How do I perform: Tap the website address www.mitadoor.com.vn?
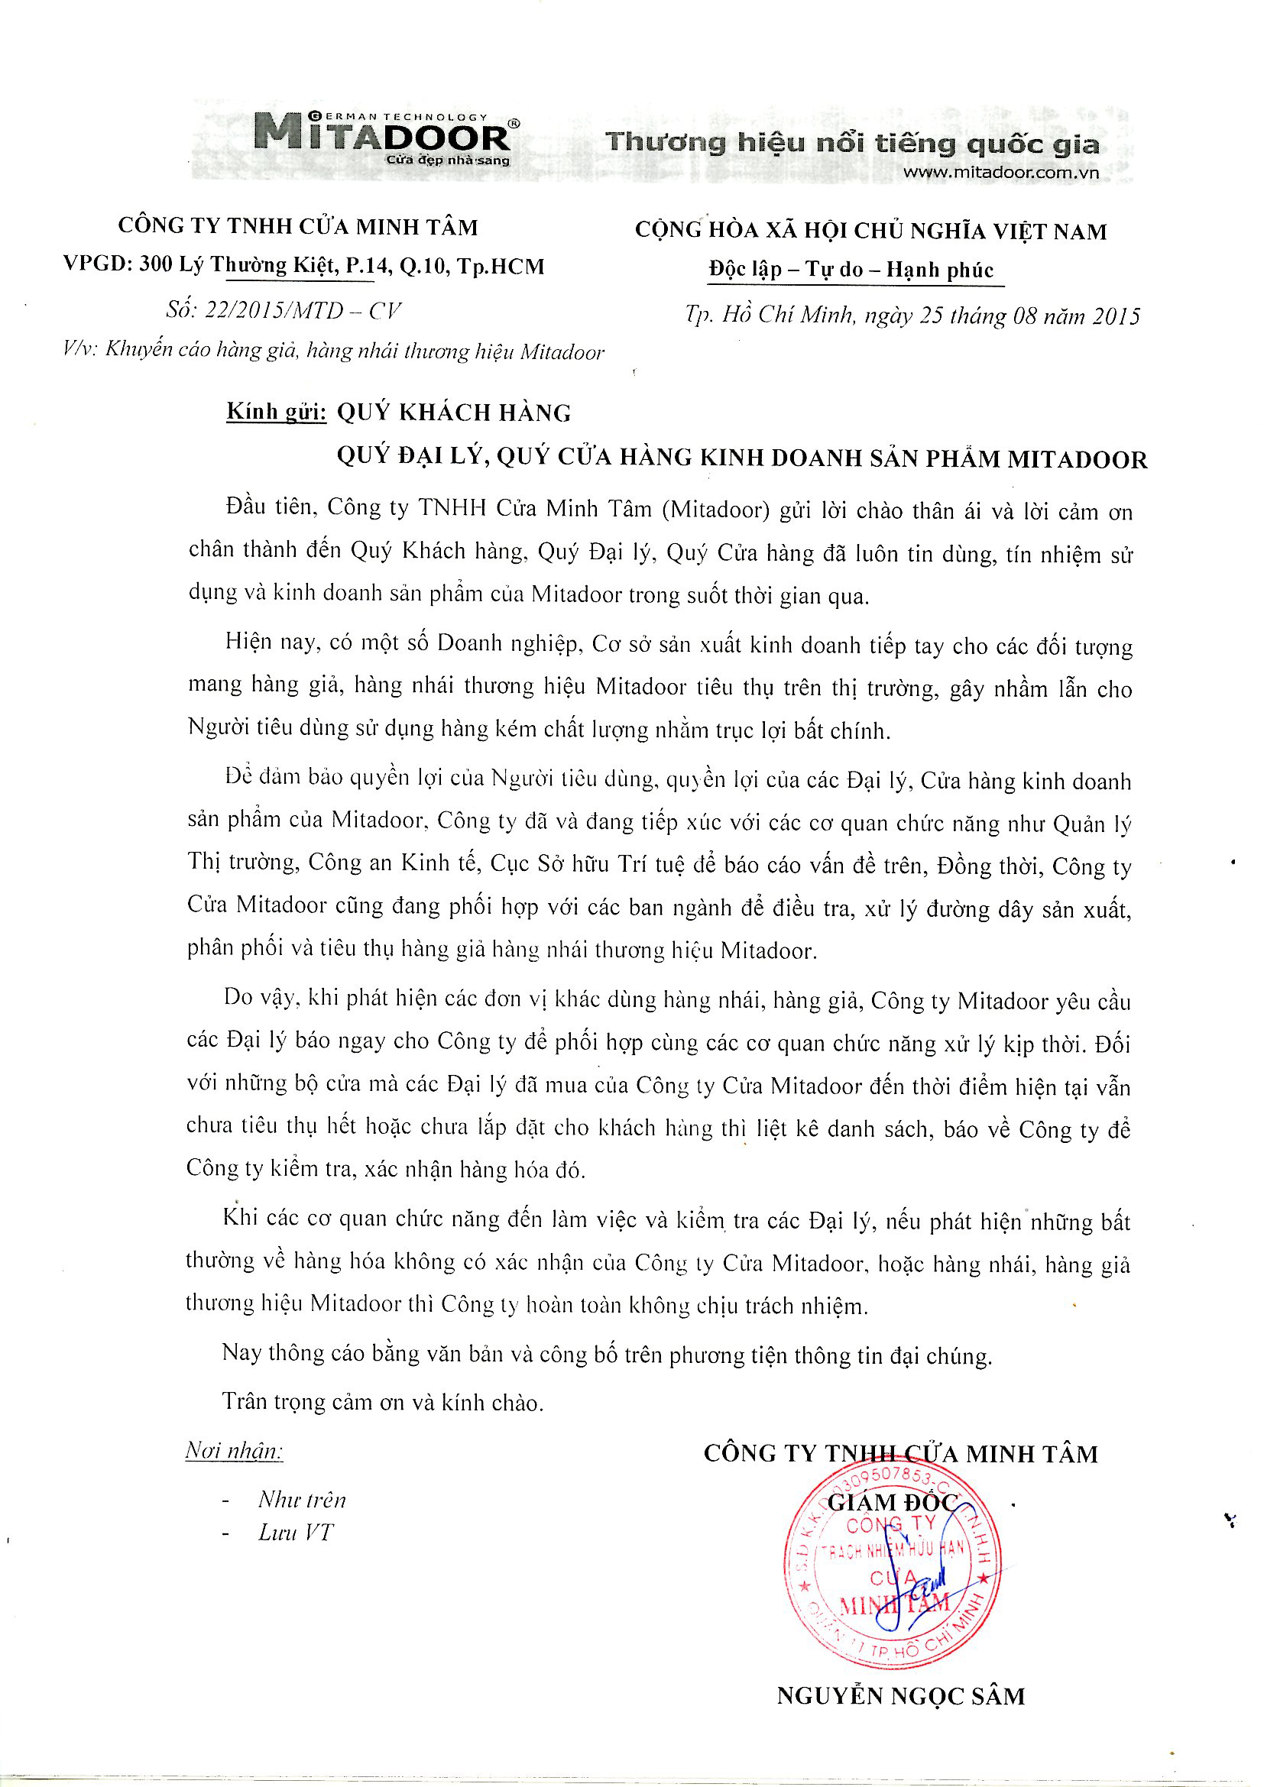(1000, 173)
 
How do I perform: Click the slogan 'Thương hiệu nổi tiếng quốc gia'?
(852, 143)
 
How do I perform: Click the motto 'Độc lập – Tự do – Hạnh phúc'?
(851, 269)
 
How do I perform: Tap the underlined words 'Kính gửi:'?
(277, 412)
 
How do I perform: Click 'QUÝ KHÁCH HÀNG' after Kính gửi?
(454, 413)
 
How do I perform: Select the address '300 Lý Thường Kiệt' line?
(303, 266)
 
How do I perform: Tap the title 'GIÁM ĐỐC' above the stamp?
(892, 1503)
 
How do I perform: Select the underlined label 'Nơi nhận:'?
(234, 1451)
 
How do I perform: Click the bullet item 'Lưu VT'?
(296, 1533)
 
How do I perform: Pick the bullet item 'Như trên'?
(302, 1500)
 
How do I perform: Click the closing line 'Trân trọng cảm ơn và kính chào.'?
(383, 1402)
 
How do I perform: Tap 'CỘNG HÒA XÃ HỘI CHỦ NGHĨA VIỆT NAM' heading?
(870, 231)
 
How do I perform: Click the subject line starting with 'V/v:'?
(333, 351)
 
